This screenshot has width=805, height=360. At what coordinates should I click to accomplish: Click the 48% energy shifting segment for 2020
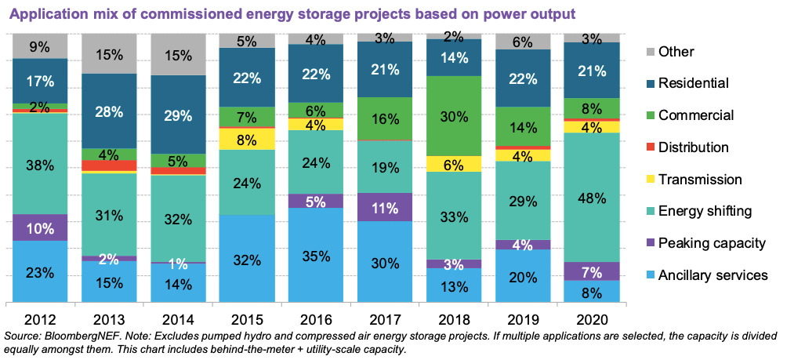coord(592,197)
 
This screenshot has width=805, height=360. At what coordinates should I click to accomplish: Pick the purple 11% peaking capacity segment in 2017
coord(384,207)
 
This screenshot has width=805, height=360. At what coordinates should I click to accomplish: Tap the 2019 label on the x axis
coord(523,321)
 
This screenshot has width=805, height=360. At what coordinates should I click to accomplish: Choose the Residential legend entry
coord(694,83)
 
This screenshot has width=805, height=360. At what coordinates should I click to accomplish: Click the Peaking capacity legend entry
coord(710,243)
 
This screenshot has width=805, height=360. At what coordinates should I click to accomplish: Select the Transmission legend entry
coord(700,180)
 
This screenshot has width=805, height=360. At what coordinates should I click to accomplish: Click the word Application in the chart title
coord(46,14)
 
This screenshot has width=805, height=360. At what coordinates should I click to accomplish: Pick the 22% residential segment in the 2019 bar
coord(523,78)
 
